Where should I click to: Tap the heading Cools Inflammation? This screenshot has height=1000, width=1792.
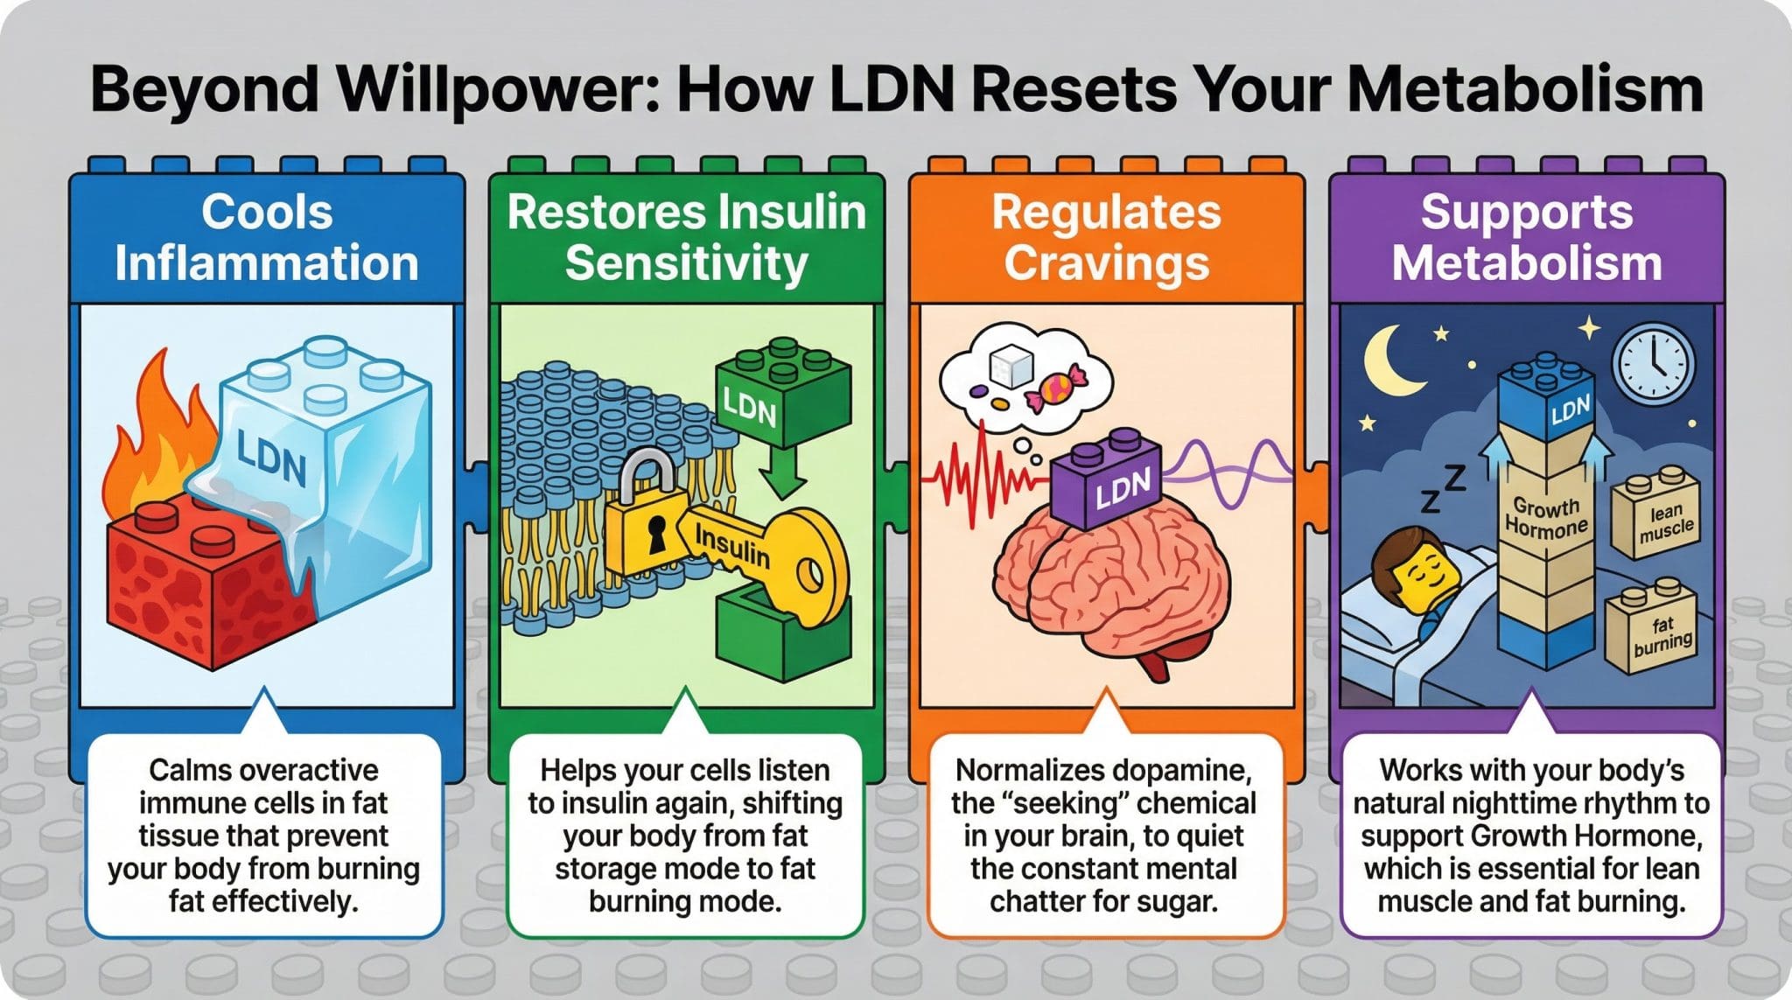coord(267,237)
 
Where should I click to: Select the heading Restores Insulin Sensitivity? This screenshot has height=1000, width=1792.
coord(686,237)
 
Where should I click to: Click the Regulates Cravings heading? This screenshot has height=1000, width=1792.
coord(1106,237)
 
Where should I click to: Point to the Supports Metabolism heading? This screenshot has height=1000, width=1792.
coord(1527,237)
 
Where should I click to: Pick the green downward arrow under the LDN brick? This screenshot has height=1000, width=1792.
coord(781,477)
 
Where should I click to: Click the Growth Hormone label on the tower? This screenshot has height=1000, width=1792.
coord(1545,517)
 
